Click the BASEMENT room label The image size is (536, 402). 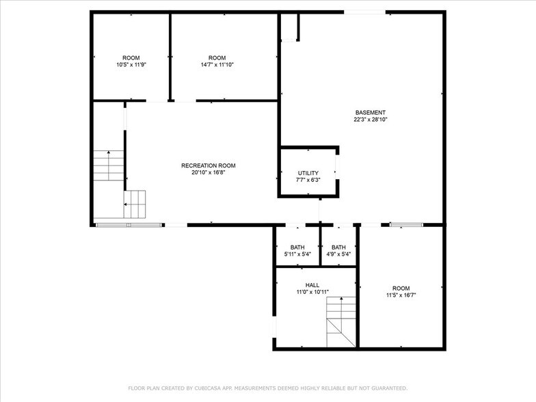[370, 113]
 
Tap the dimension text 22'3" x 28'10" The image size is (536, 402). [370, 120]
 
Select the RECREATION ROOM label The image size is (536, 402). [208, 165]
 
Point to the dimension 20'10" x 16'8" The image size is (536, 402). [208, 172]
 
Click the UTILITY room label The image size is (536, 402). [308, 173]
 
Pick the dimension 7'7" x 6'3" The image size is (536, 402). [308, 180]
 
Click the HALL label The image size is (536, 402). [312, 285]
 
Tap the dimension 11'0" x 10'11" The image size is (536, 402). [312, 292]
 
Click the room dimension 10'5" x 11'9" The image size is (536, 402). [131, 64]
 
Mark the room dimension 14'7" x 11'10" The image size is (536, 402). [217, 64]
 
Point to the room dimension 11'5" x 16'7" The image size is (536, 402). [401, 295]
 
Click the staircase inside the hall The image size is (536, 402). [340, 322]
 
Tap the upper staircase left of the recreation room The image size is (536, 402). [108, 165]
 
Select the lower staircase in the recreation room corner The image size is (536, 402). [135, 204]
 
